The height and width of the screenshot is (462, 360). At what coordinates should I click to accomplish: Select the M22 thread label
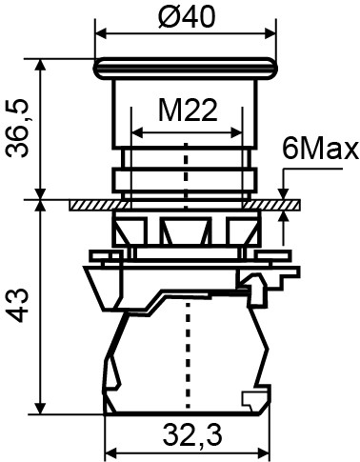(x=186, y=111)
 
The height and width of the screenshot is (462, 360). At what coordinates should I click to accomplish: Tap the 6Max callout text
(x=320, y=150)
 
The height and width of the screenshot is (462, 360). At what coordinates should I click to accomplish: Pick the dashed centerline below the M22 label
(x=188, y=171)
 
